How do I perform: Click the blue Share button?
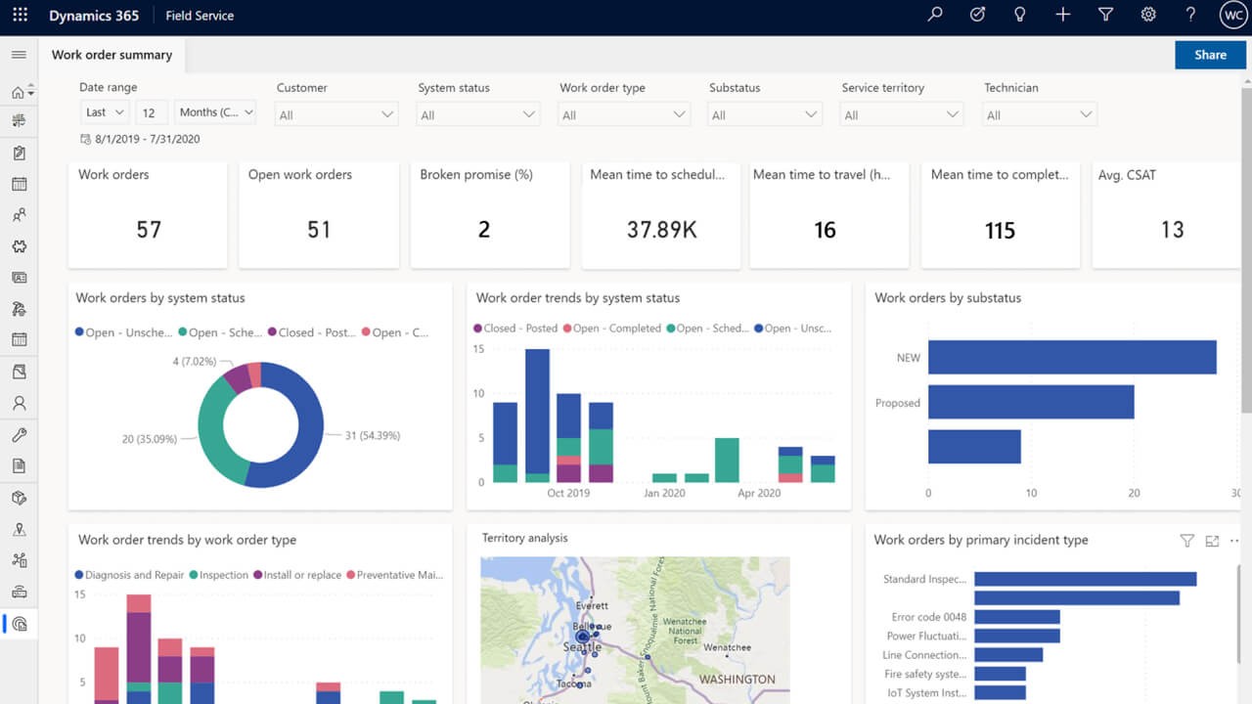pos(1210,55)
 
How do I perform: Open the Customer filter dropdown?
pos(336,114)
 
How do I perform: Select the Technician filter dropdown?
pos(1040,114)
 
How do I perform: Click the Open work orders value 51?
pos(319,230)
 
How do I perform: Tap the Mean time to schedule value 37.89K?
pos(661,230)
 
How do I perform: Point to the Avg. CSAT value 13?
pos(1172,230)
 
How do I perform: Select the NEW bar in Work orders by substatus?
pos(1071,357)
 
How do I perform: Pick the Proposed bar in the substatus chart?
pos(1030,402)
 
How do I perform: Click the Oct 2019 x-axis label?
pos(568,493)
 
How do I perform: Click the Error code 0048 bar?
pos(1016,617)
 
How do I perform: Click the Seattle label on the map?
pos(582,647)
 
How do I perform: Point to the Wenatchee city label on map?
pos(727,647)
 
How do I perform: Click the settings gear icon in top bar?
pos(1148,15)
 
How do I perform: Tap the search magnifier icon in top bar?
pos(935,15)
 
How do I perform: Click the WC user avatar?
pos(1231,15)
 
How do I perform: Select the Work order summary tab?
pos(112,55)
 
